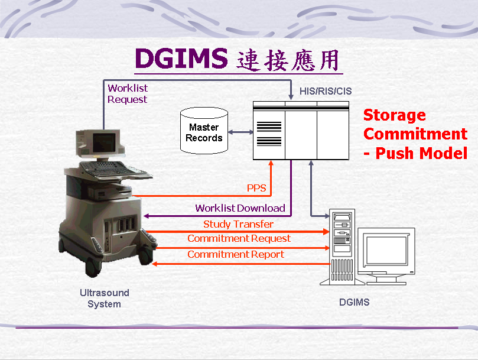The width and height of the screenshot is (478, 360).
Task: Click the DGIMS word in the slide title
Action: click(181, 58)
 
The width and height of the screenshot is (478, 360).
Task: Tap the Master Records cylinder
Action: click(204, 131)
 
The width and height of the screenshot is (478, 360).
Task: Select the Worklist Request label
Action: click(128, 93)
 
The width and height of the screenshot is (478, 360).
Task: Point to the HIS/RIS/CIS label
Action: click(326, 91)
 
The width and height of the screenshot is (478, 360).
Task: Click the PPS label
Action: click(256, 188)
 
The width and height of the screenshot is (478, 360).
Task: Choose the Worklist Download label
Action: click(240, 208)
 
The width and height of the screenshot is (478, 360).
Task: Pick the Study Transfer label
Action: click(238, 224)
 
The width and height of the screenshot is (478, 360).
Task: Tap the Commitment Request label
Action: click(239, 238)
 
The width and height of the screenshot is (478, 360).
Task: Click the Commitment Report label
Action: click(236, 254)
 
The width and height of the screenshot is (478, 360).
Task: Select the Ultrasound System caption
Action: click(104, 299)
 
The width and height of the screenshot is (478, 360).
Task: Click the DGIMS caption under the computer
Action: click(355, 302)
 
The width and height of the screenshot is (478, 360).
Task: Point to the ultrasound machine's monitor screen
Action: click(104, 142)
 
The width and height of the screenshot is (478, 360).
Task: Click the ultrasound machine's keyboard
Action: click(103, 168)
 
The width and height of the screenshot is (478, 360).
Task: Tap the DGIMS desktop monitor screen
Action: click(386, 250)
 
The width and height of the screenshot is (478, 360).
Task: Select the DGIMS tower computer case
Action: click(342, 247)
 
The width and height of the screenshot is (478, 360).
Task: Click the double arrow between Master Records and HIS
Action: click(240, 132)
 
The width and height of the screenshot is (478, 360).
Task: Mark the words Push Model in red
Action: click(421, 153)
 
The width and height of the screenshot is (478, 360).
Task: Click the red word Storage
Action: click(395, 115)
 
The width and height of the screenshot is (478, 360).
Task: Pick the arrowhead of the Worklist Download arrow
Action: click(147, 216)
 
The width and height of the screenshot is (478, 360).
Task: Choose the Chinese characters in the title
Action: click(288, 60)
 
